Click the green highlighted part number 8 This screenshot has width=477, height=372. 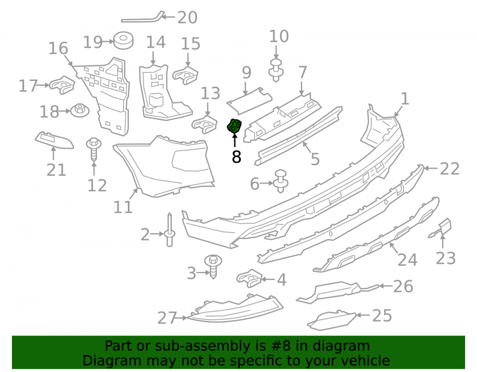tap(234, 127)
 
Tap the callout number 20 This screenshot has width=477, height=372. tap(187, 18)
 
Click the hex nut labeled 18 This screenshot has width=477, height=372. tap(80, 111)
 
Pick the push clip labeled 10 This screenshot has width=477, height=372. tap(276, 70)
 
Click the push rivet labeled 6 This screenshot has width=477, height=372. tap(281, 181)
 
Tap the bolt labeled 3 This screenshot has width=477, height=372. tap(213, 266)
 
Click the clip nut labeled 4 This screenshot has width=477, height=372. tap(249, 278)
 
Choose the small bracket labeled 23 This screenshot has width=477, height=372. tap(441, 228)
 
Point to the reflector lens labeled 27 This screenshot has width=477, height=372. tap(235, 309)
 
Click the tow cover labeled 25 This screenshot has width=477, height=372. tap(332, 320)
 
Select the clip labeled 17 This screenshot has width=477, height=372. tap(62, 85)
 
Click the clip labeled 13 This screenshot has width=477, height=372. tap(205, 124)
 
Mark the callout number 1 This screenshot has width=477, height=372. tap(404, 99)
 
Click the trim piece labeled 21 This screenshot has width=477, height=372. tap(54, 141)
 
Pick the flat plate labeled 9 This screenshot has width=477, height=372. tap(249, 101)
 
